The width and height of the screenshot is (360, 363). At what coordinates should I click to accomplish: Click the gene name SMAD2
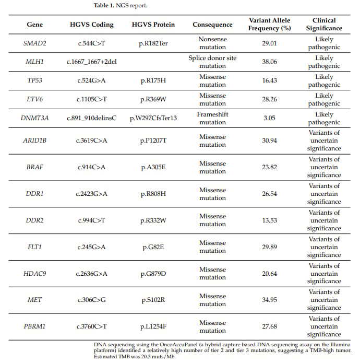tap(35, 43)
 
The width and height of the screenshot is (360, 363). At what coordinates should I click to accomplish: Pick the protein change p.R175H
tap(153, 80)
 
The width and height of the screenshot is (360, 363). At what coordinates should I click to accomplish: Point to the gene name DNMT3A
tap(35, 118)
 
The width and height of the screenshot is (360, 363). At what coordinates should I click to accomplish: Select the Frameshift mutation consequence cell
tap(212, 118)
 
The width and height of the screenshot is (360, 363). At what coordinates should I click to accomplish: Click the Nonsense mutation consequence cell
tap(212, 43)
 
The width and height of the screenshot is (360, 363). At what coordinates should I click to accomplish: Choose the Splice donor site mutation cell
tap(212, 62)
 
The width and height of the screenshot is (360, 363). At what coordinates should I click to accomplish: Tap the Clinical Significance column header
tap(324, 25)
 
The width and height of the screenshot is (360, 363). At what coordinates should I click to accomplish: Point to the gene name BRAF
tap(35, 167)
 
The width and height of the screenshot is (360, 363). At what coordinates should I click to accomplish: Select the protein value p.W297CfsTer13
tap(153, 118)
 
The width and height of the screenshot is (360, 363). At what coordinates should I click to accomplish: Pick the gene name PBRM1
tap(35, 326)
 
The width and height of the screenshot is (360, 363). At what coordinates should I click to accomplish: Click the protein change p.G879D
tap(153, 273)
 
